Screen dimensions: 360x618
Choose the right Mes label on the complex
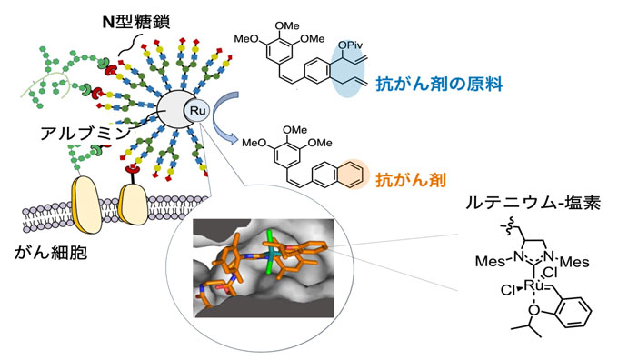(x=580, y=265)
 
